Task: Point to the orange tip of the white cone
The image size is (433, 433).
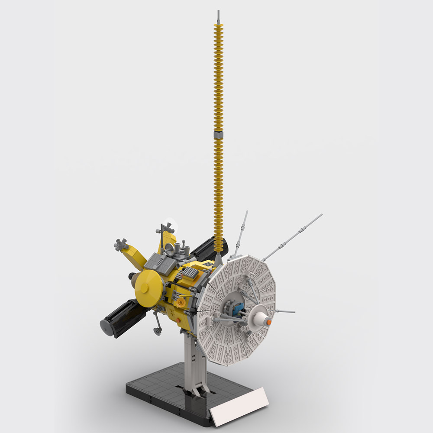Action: coord(269,322)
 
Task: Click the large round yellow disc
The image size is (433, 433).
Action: coord(149,288)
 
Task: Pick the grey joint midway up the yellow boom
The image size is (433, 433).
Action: coord(218,135)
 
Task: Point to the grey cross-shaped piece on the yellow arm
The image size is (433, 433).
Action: coord(120,244)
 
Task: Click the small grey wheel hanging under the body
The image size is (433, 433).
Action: coord(158,331)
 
